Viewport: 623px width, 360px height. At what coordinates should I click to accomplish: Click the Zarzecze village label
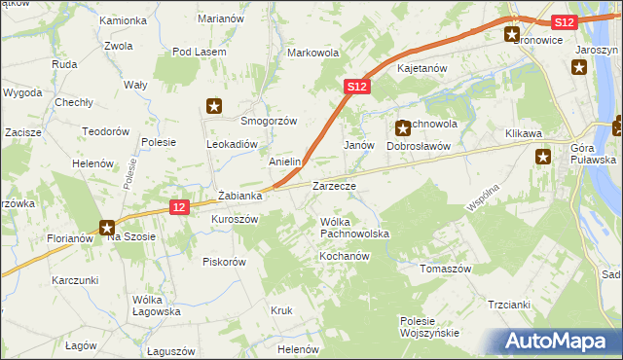[x=333, y=185]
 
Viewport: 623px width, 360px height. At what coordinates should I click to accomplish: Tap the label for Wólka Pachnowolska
[x=354, y=229]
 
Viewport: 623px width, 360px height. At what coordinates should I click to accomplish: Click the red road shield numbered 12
[x=177, y=206]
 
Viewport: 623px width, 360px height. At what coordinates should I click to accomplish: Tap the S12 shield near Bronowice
[x=563, y=21]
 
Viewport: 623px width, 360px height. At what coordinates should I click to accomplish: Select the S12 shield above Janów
[x=357, y=87]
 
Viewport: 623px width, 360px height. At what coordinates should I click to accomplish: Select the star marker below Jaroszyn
[x=578, y=67]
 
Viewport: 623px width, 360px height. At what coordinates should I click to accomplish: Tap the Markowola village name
[x=312, y=53]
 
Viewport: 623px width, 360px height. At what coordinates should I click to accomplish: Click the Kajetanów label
[x=421, y=69]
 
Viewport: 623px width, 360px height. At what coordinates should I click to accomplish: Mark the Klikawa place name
[x=523, y=133]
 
